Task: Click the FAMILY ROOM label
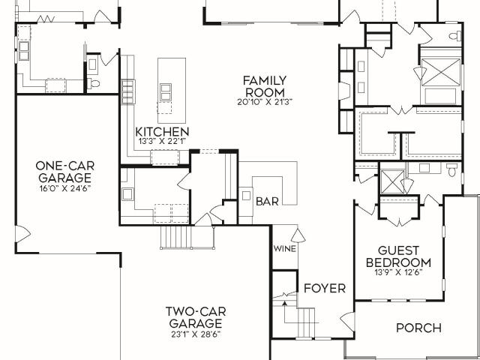[265, 86]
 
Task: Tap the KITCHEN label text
[162, 132]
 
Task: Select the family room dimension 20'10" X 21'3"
[265, 102]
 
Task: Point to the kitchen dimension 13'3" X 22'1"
[162, 142]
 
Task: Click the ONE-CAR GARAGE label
[65, 172]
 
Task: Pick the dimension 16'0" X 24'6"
[65, 188]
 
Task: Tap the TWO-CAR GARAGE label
[196, 317]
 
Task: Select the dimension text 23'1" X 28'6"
[196, 334]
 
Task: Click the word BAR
[267, 202]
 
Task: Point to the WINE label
[285, 248]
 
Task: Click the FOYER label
[325, 288]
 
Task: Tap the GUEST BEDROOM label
[398, 256]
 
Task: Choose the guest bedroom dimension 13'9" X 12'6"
[398, 272]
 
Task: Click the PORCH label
[418, 328]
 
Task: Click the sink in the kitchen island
[166, 91]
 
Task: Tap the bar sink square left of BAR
[247, 196]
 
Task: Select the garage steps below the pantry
[175, 237]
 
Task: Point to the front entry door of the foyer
[348, 322]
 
